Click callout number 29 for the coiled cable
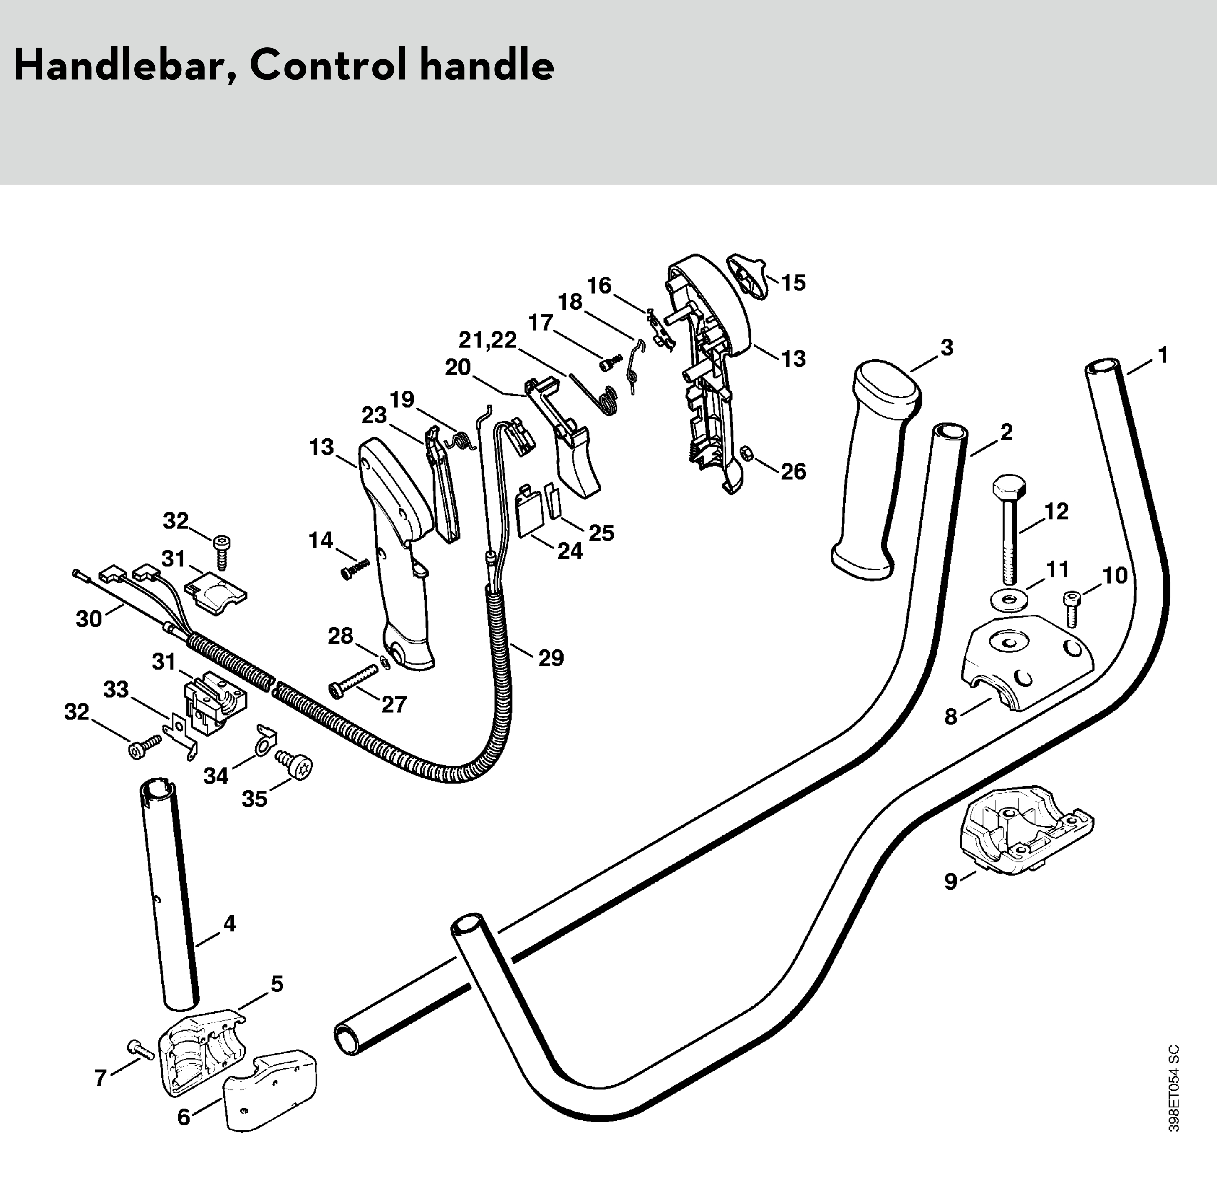pos(551,658)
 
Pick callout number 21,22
pos(487,340)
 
